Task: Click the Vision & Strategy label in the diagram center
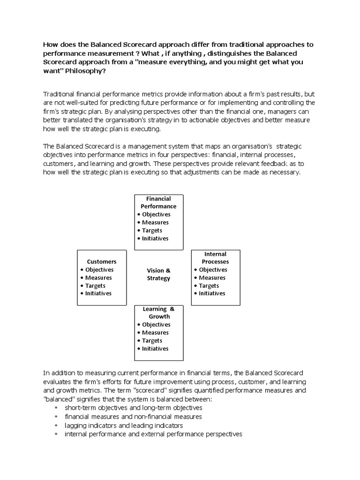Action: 158,274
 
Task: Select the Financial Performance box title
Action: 158,202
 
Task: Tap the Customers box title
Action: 102,262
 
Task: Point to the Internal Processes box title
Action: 215,258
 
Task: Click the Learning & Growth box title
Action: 159,313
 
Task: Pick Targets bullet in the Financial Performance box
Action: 152,230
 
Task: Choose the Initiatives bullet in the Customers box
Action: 98,293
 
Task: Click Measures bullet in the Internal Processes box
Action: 212,277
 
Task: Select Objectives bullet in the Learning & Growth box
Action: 156,324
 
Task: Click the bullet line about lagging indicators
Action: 124,425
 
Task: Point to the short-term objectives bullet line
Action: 127,408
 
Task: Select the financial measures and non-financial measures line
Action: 134,416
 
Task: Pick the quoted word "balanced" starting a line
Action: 60,398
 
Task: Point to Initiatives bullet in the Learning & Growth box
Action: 155,348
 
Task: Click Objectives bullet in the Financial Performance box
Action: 156,214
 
